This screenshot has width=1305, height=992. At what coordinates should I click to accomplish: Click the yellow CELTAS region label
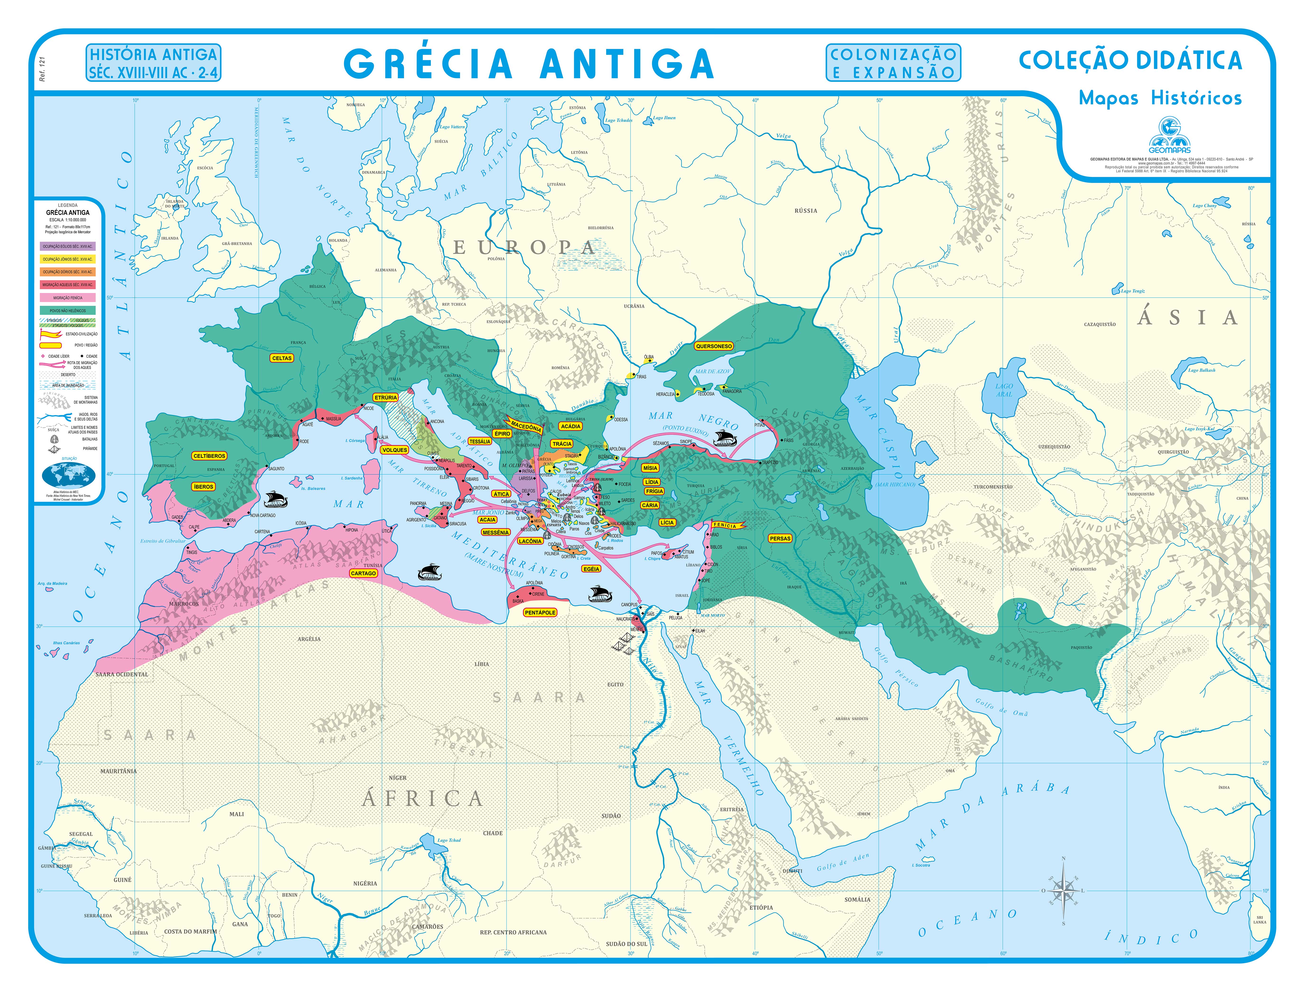(282, 358)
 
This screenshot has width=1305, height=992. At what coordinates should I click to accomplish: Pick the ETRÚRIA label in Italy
(386, 397)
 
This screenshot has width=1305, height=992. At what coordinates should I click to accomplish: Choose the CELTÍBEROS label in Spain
(209, 456)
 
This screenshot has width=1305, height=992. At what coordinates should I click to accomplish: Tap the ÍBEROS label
(203, 487)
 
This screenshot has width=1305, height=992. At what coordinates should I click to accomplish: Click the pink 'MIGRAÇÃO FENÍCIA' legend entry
(67, 298)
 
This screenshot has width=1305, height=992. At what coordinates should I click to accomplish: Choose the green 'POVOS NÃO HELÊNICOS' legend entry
(67, 311)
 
